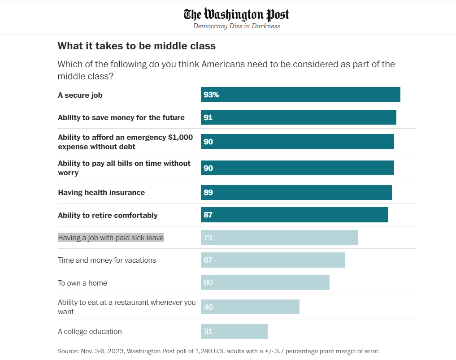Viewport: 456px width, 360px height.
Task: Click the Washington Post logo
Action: [x=236, y=14]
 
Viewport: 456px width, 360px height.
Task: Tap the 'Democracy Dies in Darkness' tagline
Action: [x=236, y=26]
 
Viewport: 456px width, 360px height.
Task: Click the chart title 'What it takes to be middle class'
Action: [x=137, y=46]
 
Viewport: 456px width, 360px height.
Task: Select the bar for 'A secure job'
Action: [x=300, y=95]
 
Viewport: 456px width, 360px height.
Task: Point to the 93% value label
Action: [x=211, y=95]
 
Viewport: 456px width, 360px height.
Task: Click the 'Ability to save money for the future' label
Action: [x=121, y=117]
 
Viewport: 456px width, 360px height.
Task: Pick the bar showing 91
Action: [x=299, y=117]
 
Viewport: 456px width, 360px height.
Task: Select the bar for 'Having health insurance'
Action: [x=296, y=192]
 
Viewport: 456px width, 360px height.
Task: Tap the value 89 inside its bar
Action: [x=208, y=192]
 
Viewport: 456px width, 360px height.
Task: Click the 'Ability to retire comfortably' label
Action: [x=108, y=215]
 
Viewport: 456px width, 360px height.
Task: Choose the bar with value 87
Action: [x=294, y=215]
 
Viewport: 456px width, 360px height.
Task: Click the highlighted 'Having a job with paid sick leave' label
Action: [x=111, y=238]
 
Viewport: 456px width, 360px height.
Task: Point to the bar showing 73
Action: [x=279, y=238]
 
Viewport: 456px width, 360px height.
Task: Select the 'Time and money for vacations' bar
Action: [x=273, y=260]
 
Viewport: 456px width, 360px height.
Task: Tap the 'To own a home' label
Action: [x=83, y=283]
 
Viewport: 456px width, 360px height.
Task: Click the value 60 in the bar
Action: [x=208, y=282]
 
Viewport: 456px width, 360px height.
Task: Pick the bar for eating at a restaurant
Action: [x=250, y=307]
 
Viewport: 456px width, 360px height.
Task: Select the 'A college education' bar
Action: [x=234, y=331]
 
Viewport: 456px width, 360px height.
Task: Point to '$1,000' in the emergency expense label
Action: [x=180, y=137]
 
